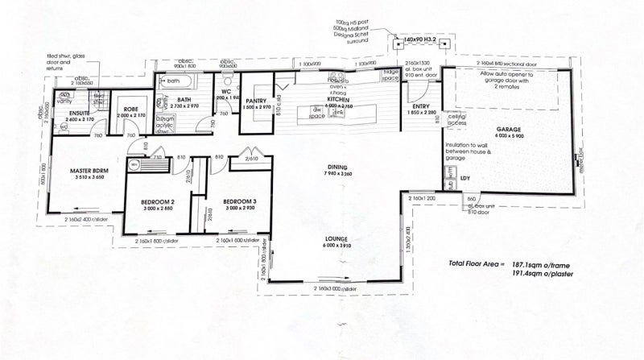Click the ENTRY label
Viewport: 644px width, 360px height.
pos(420,106)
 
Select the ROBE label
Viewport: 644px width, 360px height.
pos(131,110)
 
